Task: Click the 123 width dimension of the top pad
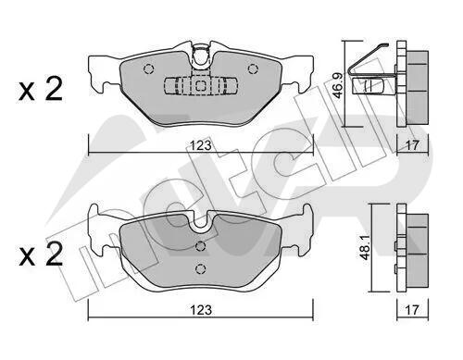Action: pyautogui.click(x=201, y=145)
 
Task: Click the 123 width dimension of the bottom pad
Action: pyautogui.click(x=201, y=310)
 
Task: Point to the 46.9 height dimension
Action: pyautogui.click(x=337, y=86)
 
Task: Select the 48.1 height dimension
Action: pyautogui.click(x=366, y=248)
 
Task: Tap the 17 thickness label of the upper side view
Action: pyautogui.click(x=412, y=145)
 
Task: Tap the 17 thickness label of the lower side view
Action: pyautogui.click(x=412, y=310)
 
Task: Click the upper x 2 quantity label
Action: pyautogui.click(x=41, y=90)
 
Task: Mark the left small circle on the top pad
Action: pyautogui.click(x=148, y=68)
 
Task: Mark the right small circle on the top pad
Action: pyautogui.click(x=253, y=68)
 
